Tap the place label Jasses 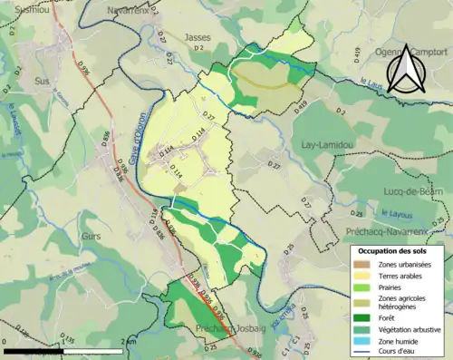pyautogui.click(x=197, y=37)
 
